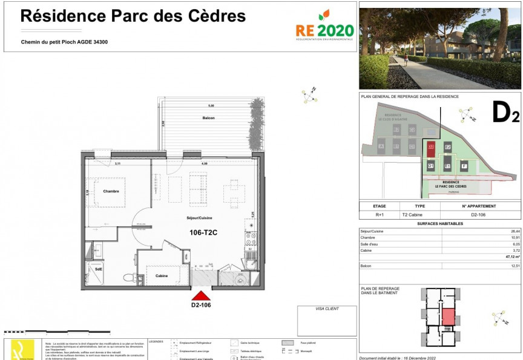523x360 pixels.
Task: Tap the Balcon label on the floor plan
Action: click(x=208, y=117)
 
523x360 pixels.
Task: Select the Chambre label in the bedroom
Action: click(x=111, y=191)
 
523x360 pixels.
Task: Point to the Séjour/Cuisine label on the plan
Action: click(x=199, y=218)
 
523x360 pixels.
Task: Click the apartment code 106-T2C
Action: click(x=203, y=232)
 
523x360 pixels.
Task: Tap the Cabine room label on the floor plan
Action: click(x=162, y=276)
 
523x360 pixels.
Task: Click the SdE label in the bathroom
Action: click(x=99, y=268)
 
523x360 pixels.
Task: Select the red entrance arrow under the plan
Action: click(x=200, y=295)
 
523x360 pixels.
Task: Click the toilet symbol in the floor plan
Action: click(x=128, y=278)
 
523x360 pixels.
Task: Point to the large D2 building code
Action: click(x=505, y=113)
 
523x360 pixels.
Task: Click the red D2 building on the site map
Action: click(x=431, y=146)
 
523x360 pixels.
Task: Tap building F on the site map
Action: click(x=464, y=166)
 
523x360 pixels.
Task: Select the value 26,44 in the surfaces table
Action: click(x=515, y=231)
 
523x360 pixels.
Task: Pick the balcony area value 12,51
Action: click(x=515, y=266)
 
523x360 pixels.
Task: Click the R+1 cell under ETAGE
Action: click(x=380, y=214)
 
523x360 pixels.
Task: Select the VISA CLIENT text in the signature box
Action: click(x=327, y=309)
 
